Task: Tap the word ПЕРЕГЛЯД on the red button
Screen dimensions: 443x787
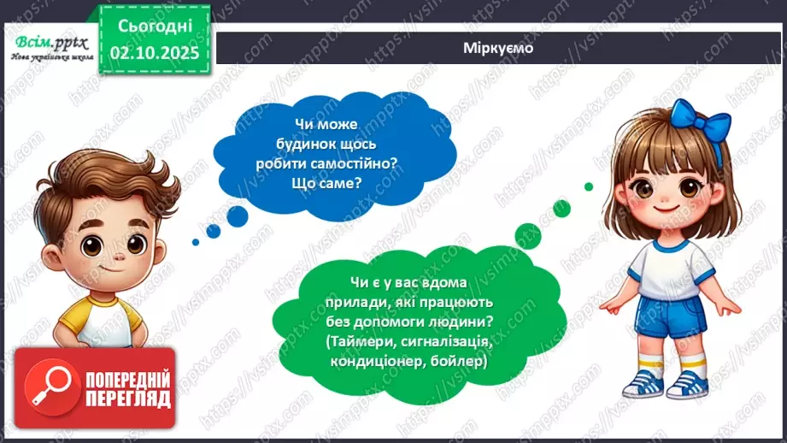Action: coord(128,399)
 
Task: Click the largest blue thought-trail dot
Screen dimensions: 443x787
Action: coord(237,215)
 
